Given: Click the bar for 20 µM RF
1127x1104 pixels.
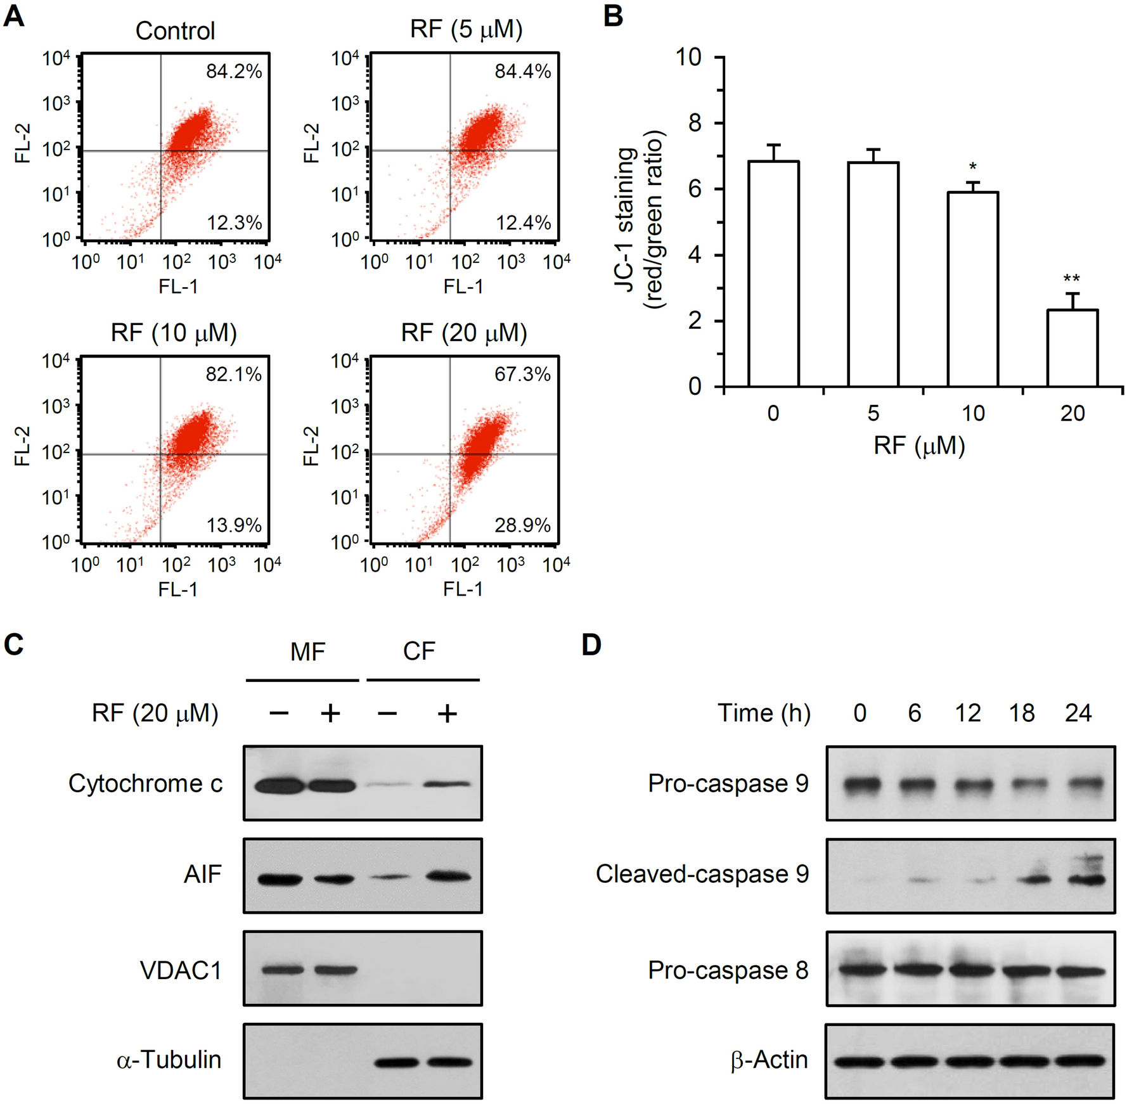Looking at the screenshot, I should pos(1072,348).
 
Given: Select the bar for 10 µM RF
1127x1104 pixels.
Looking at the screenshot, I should pos(972,290).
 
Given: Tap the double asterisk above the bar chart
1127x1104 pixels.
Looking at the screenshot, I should pos(1071,278).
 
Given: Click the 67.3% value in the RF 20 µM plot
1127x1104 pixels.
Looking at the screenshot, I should pos(522,374).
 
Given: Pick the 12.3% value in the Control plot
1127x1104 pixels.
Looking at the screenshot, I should pos(234,222).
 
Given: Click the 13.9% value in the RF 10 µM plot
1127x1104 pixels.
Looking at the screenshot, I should pos(234,525).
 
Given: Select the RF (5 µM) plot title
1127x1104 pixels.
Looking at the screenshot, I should pos(466,30).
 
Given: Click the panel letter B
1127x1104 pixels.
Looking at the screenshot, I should pos(613,16).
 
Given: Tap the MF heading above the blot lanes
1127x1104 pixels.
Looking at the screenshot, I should pos(307,651).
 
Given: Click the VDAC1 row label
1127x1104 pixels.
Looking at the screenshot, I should pos(181,970).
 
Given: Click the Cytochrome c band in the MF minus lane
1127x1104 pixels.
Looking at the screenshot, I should pos(279,786).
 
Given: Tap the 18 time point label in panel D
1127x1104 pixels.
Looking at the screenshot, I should pos(1022,713).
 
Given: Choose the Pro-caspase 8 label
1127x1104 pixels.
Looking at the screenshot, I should pos(728,970).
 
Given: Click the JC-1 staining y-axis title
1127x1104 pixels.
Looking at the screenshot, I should pos(638,219).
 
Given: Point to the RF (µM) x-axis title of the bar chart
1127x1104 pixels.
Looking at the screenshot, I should pos(918,446).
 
